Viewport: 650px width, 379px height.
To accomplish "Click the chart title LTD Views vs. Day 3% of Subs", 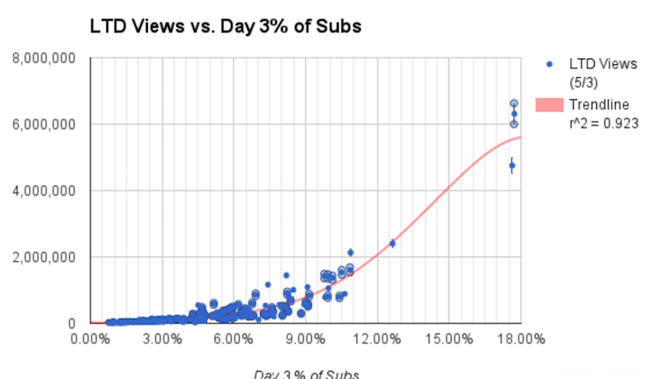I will point(225,26).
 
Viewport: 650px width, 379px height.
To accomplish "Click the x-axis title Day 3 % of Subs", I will point(305,374).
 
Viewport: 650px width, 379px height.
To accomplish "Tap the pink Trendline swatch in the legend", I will point(549,105).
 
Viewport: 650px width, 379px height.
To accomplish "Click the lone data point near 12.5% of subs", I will point(392,242).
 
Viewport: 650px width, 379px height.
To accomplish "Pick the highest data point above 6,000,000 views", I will point(513,104).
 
